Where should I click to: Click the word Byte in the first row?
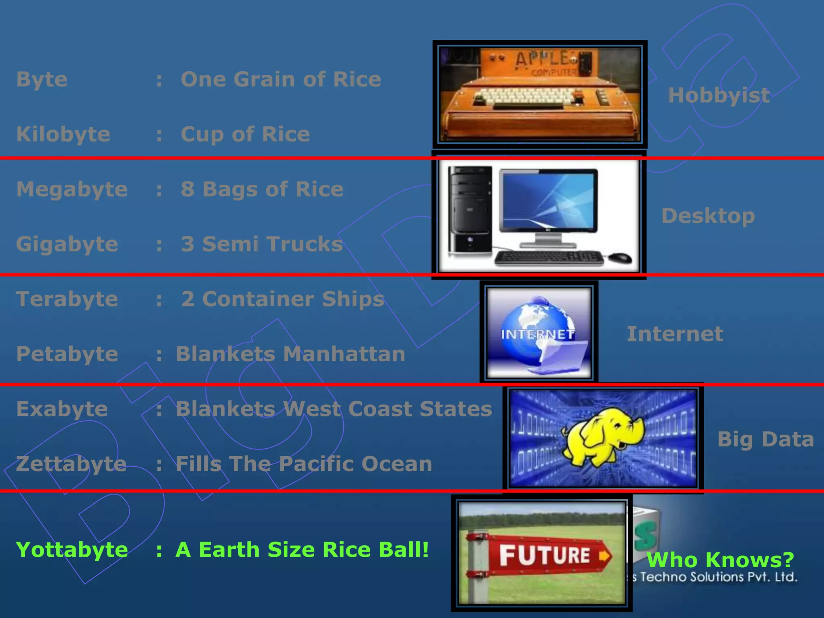(x=42, y=80)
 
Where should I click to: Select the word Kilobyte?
(x=63, y=134)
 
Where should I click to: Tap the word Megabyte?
(x=72, y=189)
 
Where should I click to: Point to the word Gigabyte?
(x=67, y=245)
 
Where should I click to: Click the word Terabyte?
(x=67, y=299)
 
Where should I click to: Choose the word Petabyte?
(x=67, y=354)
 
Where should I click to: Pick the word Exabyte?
(x=62, y=409)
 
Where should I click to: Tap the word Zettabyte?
(x=72, y=464)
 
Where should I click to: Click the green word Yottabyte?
(x=72, y=550)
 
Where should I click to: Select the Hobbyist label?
(x=719, y=96)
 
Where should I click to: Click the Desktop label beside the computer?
(x=708, y=216)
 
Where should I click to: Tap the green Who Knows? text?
(x=720, y=560)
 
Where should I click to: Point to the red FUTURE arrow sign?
(x=547, y=555)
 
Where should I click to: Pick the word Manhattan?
(x=344, y=354)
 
